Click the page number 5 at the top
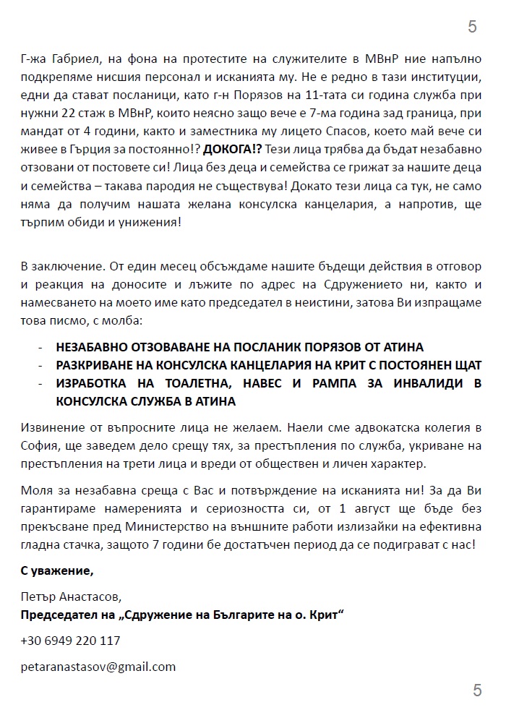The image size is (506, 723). pos(472,27)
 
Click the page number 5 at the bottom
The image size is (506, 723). pos(477,690)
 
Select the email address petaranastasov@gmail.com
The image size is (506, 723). pos(98,667)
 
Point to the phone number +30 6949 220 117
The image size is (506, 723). pos(70,641)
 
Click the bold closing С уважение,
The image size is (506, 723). pos(57,571)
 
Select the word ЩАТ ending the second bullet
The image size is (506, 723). pos(466,364)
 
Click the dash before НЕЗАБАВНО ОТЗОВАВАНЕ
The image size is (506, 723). pos(40,346)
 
